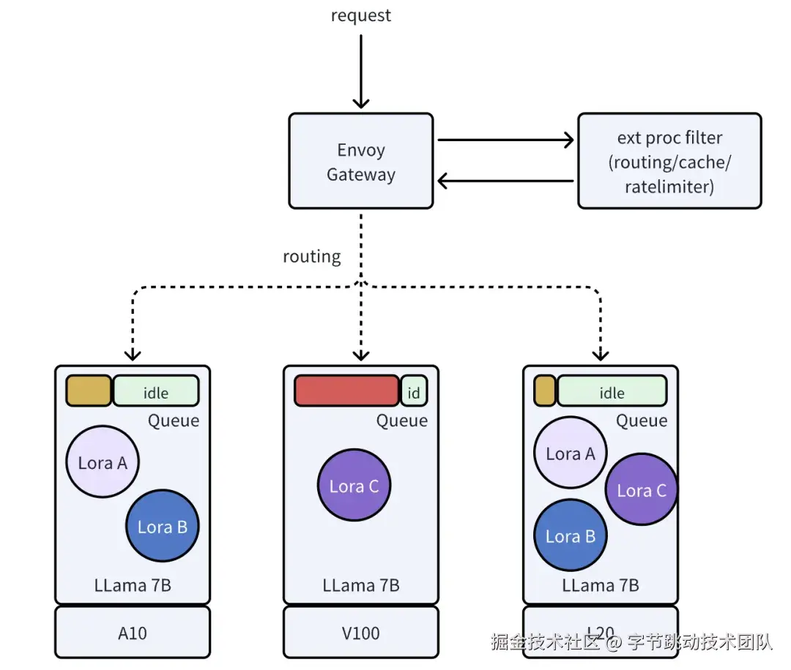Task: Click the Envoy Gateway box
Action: point(361,161)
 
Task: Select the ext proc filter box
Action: point(669,161)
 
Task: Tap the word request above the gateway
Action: point(361,15)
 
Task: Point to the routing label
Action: point(312,257)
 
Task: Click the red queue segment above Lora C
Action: point(346,391)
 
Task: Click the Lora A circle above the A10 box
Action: point(103,462)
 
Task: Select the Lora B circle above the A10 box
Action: point(162,527)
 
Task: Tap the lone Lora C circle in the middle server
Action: point(354,486)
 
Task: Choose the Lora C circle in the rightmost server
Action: point(642,490)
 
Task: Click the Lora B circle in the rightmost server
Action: point(570,536)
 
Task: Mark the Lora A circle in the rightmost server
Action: point(571,453)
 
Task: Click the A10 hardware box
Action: point(133,632)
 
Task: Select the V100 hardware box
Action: point(361,632)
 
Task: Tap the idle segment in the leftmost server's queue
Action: point(156,391)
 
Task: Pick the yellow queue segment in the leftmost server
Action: point(89,391)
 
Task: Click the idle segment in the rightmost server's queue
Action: point(612,391)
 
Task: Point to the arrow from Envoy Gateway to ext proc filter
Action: point(505,140)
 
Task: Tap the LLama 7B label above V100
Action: point(361,586)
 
